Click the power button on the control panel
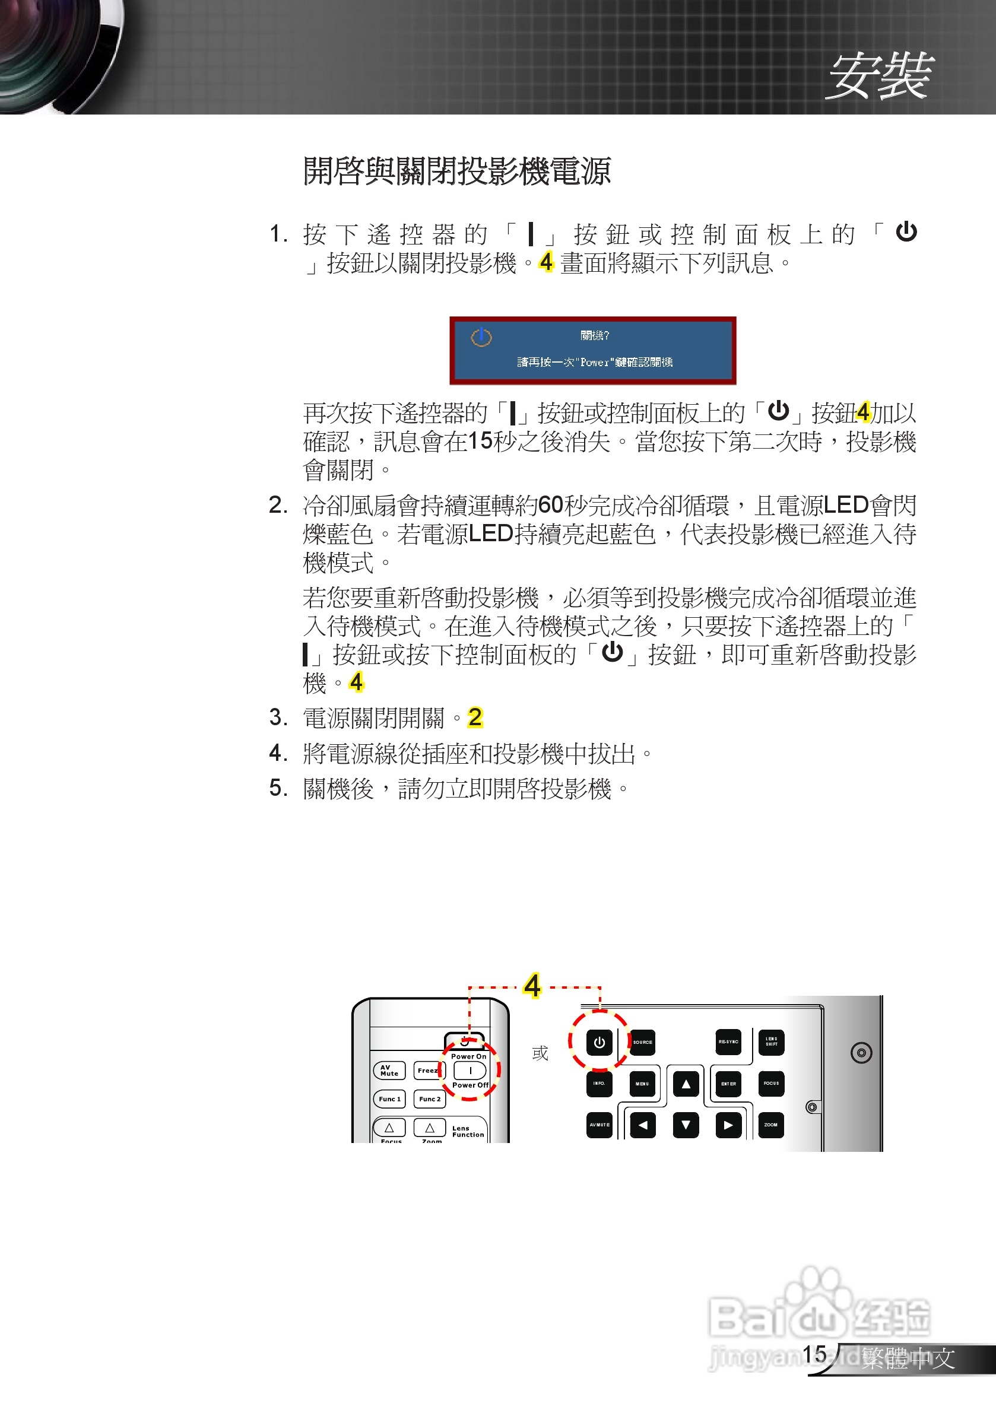599,1043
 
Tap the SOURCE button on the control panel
643,1043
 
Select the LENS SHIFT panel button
771,1042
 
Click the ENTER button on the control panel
728,1084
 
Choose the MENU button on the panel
642,1084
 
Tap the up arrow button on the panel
686,1084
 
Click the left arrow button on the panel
643,1125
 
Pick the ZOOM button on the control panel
771,1125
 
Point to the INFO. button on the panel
599,1083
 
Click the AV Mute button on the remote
389,1071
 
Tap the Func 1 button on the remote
389,1099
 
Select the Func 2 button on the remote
430,1099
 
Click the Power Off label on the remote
470,1085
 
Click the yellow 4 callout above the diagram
532,986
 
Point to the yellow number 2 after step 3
475,717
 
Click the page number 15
814,1354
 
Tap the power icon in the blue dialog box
481,337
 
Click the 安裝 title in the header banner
880,77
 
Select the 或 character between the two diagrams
540,1053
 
